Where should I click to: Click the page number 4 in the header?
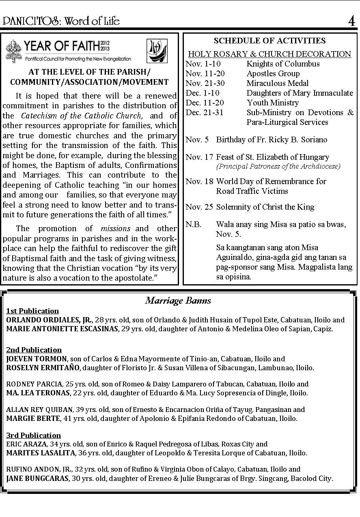(x=351, y=21)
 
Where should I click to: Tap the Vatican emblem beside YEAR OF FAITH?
(x=14, y=50)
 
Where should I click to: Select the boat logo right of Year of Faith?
(x=157, y=51)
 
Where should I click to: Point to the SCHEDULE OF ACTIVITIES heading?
(x=269, y=41)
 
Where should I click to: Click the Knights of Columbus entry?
(x=283, y=64)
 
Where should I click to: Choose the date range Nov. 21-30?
(x=205, y=83)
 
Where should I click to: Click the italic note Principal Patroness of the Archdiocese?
(x=278, y=166)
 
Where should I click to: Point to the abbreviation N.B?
(x=193, y=224)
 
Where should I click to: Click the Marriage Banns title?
(x=178, y=300)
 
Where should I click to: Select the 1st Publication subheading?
(x=32, y=311)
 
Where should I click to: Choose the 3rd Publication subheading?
(x=33, y=435)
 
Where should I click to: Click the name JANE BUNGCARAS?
(x=37, y=478)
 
